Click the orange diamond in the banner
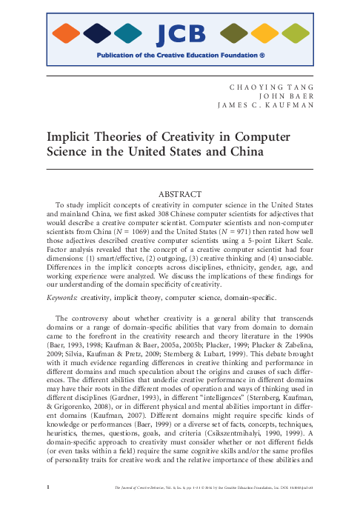(67, 33)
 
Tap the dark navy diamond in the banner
(97, 33)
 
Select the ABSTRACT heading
(180, 194)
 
